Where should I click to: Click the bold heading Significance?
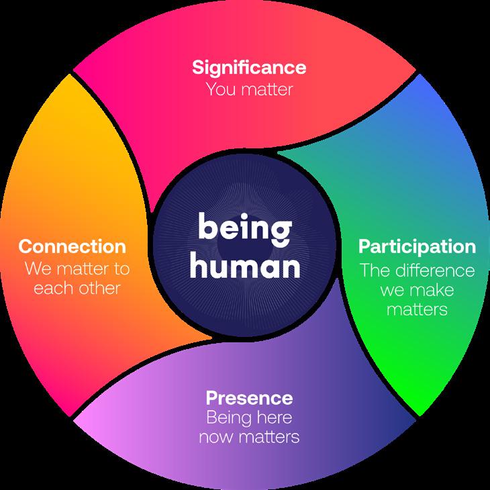click(249, 67)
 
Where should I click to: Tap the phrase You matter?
click(249, 89)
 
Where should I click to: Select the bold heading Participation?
click(417, 246)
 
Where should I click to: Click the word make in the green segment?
click(435, 291)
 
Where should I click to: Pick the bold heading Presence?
click(249, 398)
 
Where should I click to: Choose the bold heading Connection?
click(72, 246)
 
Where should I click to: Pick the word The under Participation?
click(375, 271)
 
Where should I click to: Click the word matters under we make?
click(417, 311)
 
